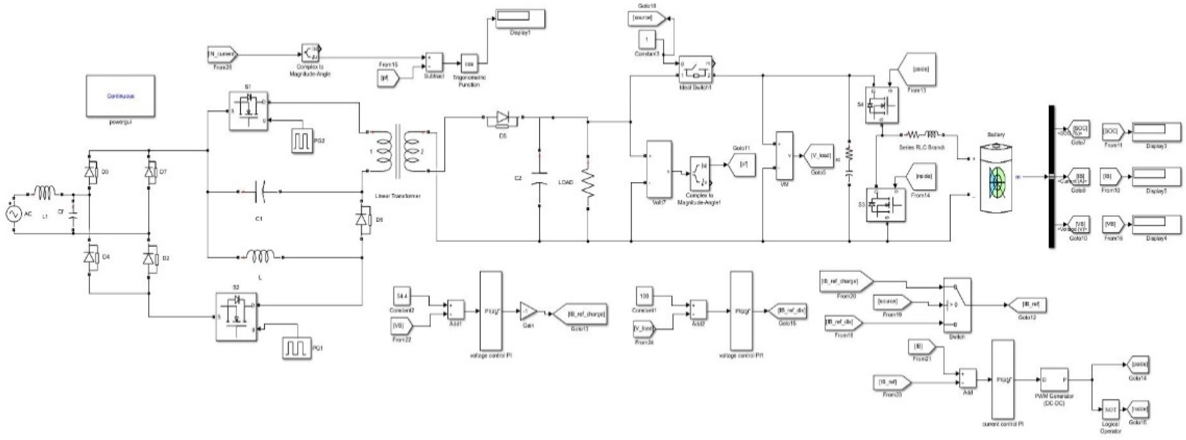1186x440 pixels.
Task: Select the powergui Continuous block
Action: click(x=120, y=97)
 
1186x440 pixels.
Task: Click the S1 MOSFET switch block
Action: click(x=249, y=110)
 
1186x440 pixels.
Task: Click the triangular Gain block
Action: click(x=528, y=312)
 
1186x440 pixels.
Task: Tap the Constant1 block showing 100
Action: click(x=645, y=296)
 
